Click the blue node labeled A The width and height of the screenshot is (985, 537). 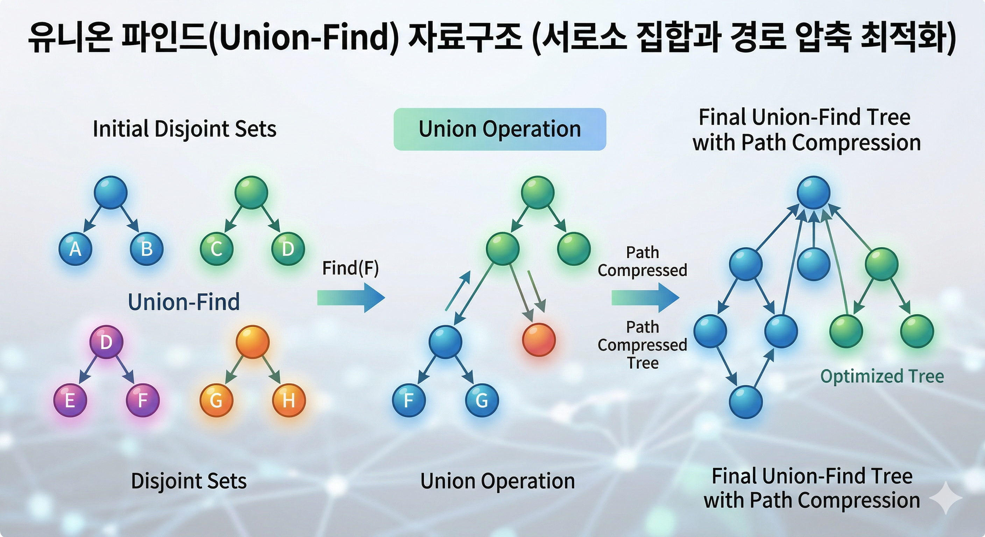click(75, 249)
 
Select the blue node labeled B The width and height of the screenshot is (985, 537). click(147, 249)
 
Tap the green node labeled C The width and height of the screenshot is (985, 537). click(217, 249)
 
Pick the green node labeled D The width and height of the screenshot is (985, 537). click(288, 249)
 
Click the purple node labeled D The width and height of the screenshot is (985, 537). click(106, 342)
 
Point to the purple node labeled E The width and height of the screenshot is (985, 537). click(70, 400)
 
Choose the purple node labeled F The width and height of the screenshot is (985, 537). click(143, 400)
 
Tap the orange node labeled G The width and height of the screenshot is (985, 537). click(217, 400)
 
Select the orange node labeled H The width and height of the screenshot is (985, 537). click(289, 400)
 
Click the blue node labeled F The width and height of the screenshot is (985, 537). click(409, 400)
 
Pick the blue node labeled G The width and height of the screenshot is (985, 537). click(482, 400)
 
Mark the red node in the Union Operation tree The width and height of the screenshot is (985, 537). click(539, 340)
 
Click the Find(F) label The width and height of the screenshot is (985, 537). click(350, 268)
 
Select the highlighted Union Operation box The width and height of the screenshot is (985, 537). click(500, 129)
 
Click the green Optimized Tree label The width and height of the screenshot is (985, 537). click(882, 376)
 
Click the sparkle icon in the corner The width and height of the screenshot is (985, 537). click(945, 497)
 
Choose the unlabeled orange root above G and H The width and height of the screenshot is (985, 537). click(252, 342)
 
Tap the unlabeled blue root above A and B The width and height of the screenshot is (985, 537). click(111, 192)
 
